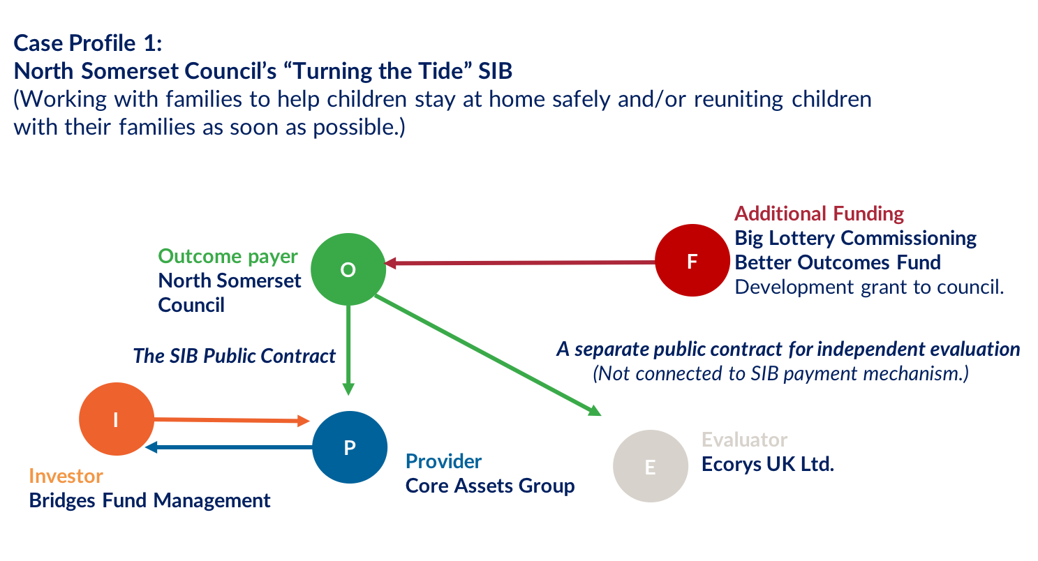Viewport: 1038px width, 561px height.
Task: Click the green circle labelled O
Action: point(348,269)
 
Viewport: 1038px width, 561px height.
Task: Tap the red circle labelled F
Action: point(692,261)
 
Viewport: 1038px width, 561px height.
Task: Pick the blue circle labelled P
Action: point(350,447)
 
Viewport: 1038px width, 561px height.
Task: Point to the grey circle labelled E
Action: point(650,467)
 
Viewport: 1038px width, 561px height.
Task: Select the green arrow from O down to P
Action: point(348,349)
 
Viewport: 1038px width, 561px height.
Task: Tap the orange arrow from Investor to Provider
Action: point(230,420)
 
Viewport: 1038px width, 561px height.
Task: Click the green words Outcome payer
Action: point(228,256)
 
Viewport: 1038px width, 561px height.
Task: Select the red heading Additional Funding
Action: point(819,214)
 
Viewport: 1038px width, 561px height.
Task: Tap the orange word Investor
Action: point(66,476)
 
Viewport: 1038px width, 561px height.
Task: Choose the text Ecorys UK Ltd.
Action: point(767,464)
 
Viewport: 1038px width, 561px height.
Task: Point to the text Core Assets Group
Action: point(490,486)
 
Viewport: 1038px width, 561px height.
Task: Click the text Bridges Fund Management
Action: point(149,500)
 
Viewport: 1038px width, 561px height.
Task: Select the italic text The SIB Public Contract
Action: point(235,356)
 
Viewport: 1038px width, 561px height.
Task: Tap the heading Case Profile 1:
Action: point(88,44)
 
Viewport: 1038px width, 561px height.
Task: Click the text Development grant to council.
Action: point(869,287)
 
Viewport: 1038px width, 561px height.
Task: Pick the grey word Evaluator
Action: point(744,440)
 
